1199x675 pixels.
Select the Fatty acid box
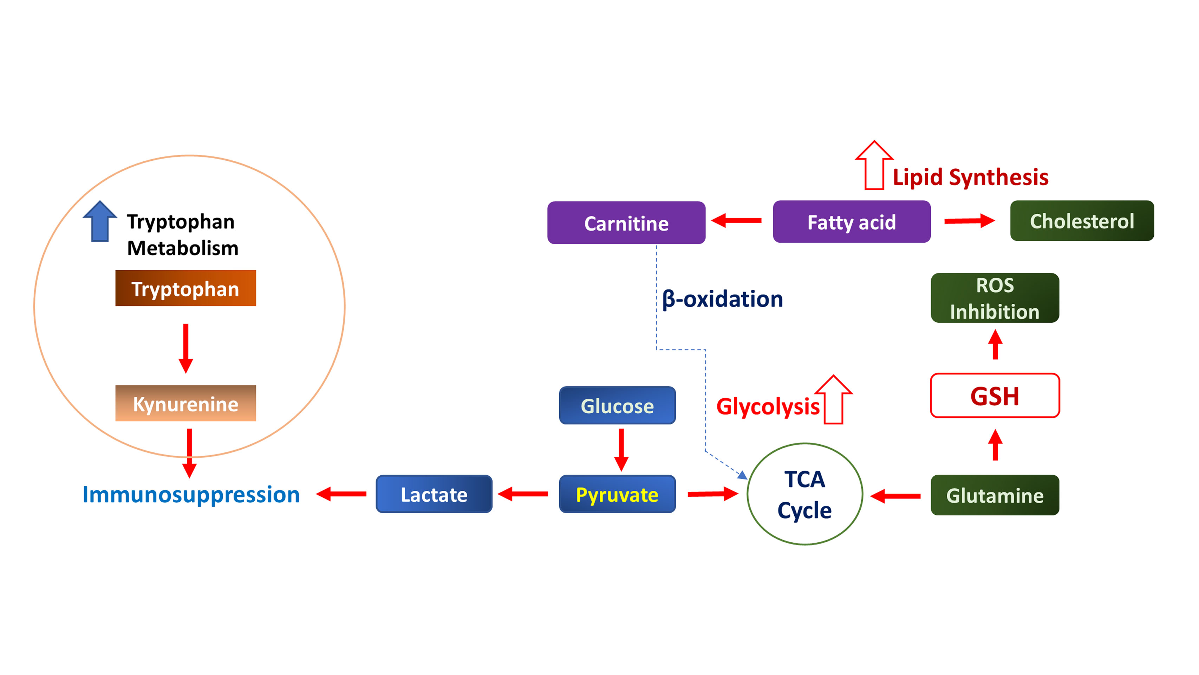(x=851, y=222)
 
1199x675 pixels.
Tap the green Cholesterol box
(x=1082, y=221)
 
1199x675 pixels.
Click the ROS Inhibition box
(x=995, y=298)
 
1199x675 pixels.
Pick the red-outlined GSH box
(x=995, y=396)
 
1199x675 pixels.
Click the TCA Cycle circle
(x=804, y=494)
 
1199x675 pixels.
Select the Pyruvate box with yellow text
(x=617, y=494)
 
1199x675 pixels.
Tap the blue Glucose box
(x=617, y=405)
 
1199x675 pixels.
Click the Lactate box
(x=434, y=494)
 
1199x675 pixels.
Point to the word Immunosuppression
(x=191, y=494)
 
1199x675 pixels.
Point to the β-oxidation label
(x=722, y=298)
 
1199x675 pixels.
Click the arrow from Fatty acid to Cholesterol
(x=969, y=221)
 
